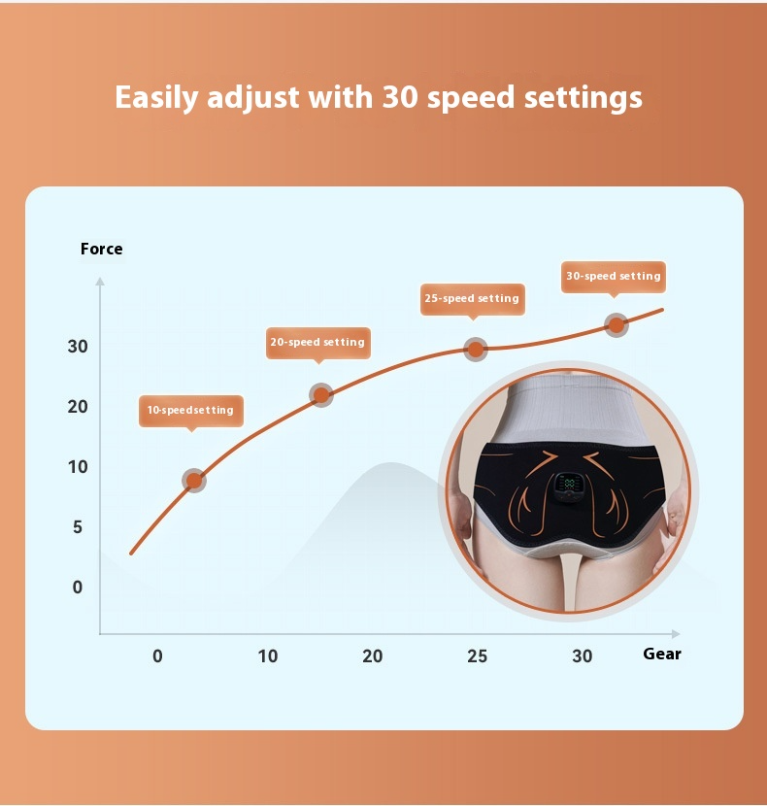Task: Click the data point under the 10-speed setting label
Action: (194, 480)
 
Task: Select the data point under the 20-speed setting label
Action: (321, 394)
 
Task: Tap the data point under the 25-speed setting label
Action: (476, 350)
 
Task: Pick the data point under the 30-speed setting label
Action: (617, 325)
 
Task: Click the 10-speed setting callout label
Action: (190, 411)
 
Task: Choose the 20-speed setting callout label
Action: (317, 343)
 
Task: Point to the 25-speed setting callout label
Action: (472, 298)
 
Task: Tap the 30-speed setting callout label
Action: (614, 277)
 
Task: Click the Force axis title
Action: (102, 250)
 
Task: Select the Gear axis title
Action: (662, 654)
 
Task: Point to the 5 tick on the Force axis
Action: (77, 527)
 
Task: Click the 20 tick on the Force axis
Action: (78, 407)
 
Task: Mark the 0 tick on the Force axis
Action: (78, 588)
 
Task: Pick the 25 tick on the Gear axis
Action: (477, 656)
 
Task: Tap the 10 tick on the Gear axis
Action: (268, 656)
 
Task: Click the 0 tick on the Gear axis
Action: (158, 656)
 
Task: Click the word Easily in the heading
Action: (156, 98)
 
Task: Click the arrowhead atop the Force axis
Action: (99, 282)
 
